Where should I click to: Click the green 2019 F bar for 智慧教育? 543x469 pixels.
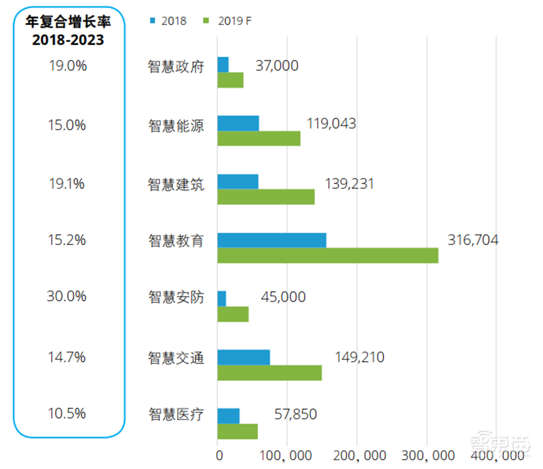[327, 255]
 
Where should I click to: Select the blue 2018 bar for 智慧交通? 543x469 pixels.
[243, 357]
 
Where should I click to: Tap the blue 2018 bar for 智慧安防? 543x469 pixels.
[221, 298]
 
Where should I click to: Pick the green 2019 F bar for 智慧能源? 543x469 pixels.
[259, 138]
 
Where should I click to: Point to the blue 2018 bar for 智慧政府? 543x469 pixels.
[223, 64]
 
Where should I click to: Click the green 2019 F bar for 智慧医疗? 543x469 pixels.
[237, 431]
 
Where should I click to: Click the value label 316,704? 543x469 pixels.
[473, 240]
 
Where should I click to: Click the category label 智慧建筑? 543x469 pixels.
[176, 184]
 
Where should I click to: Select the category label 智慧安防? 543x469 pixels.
[176, 297]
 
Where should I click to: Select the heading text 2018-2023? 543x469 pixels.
[69, 40]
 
